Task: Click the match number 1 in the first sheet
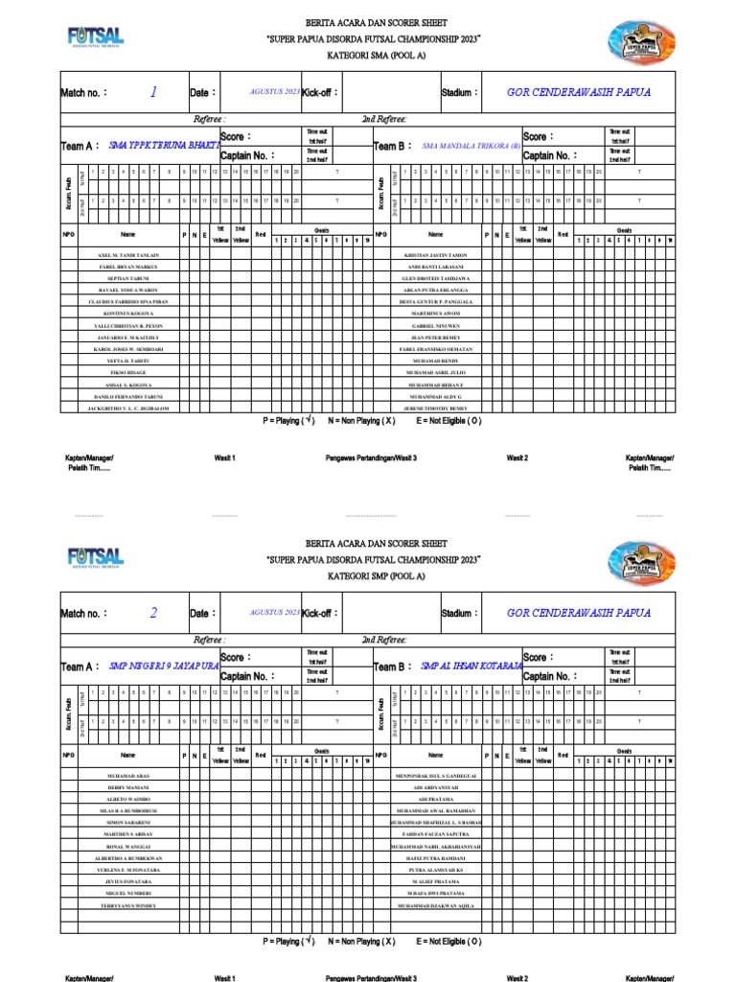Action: point(153,92)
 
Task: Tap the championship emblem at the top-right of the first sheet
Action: point(641,40)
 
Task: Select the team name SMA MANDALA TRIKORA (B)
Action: point(471,146)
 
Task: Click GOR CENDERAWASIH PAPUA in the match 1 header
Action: point(579,93)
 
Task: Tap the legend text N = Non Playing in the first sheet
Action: point(361,422)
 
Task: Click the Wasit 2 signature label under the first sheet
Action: point(517,458)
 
